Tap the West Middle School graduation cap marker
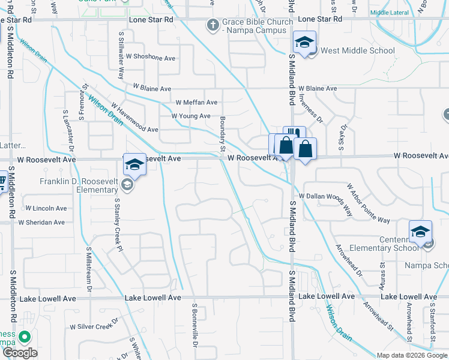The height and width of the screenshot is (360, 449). pos(304,43)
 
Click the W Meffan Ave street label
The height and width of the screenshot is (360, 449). pos(196,103)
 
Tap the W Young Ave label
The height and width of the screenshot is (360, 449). pos(191,116)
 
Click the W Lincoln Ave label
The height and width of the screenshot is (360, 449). pos(46,208)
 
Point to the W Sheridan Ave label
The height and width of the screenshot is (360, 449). pos(41,222)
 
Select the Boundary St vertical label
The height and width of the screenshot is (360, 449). pos(222,134)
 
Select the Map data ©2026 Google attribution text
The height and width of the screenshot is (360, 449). pos(412,355)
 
